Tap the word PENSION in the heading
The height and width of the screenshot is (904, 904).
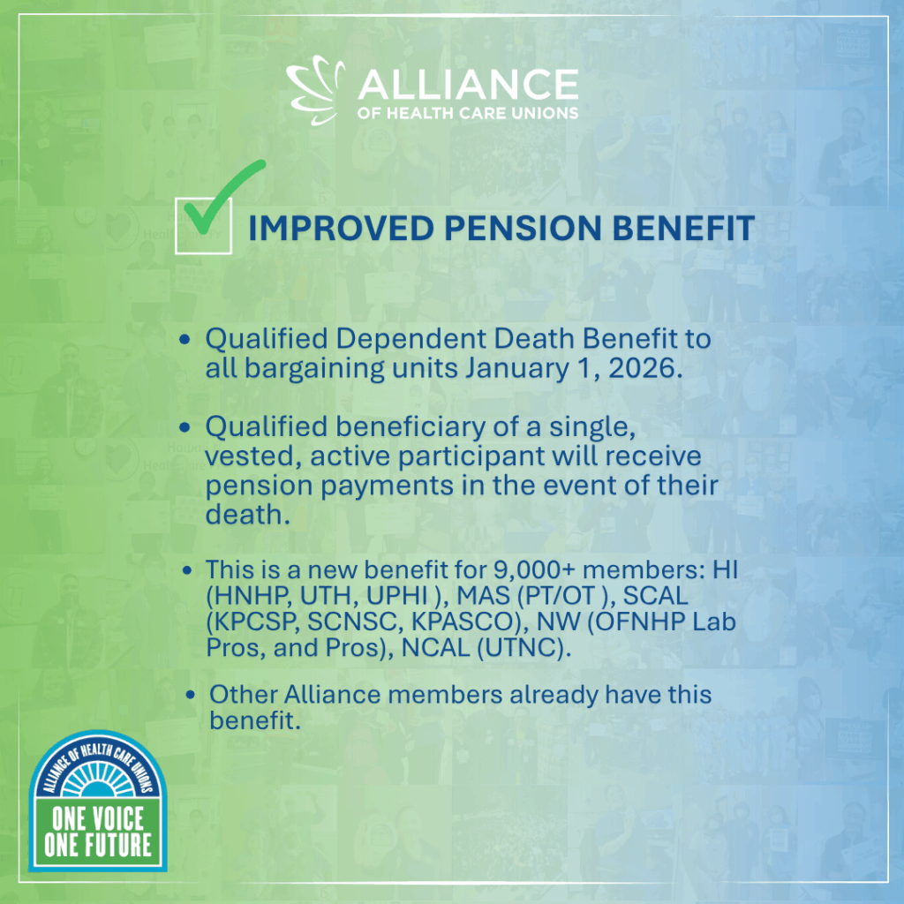tap(523, 229)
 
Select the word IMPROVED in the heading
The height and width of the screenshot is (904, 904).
tap(342, 229)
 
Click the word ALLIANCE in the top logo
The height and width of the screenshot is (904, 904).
tap(468, 85)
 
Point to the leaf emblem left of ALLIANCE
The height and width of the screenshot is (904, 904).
tap(315, 90)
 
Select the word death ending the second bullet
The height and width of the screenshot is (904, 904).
tap(247, 515)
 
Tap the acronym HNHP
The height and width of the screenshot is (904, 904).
tap(249, 596)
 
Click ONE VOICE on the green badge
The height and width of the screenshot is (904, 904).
tap(98, 818)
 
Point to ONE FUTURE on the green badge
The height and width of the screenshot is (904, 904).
tap(98, 845)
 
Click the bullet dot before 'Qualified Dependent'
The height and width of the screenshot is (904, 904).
tap(185, 339)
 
